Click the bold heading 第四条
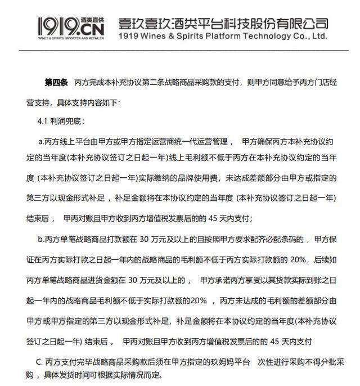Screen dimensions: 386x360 [x=56, y=83]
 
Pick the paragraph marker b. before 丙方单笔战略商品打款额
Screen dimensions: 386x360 [x=40, y=240]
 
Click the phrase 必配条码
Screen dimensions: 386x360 [x=281, y=240]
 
